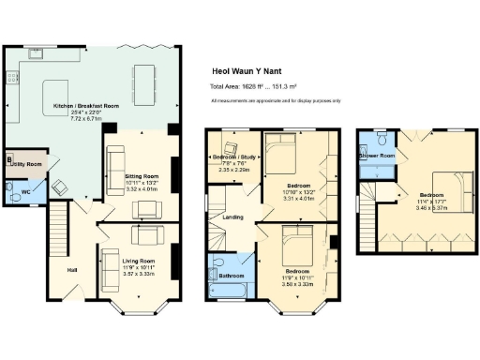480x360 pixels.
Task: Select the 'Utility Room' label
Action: click(29, 164)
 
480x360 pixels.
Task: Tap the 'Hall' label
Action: click(71, 270)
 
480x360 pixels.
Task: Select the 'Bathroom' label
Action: click(232, 276)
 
